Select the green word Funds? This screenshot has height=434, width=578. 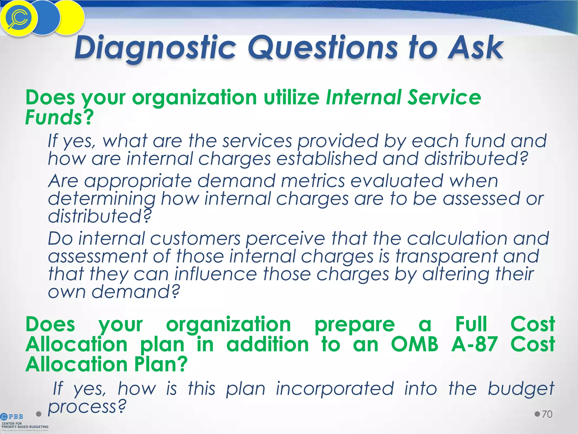tap(59, 117)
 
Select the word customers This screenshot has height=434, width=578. tap(195, 239)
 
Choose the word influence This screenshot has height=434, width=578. tap(216, 274)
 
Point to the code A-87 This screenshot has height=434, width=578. tap(474, 344)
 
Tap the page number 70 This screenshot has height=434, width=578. tap(547, 414)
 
